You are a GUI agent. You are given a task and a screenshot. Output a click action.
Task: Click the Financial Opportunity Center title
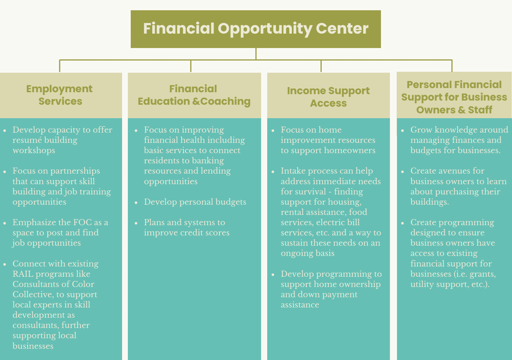coord(256,29)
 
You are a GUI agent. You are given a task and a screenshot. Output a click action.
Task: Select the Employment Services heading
coord(60,95)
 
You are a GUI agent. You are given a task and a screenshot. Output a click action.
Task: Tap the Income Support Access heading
coord(328,97)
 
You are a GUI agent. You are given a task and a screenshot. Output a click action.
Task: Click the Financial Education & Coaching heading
coord(194,95)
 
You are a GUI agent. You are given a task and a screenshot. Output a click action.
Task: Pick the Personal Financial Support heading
coord(454,97)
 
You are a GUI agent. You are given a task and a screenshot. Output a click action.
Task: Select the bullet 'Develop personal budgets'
coord(195,202)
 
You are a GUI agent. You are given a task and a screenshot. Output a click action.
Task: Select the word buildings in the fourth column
coord(429,202)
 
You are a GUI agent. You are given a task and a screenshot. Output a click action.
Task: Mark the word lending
coord(215,171)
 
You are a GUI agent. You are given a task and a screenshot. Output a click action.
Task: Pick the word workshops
coord(34,151)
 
